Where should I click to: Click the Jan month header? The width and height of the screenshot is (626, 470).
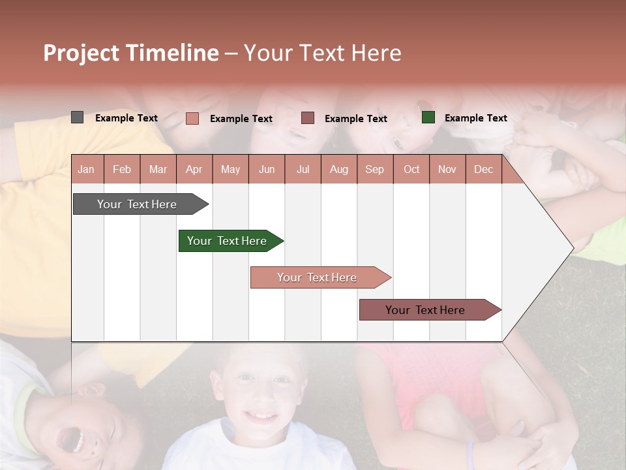(x=86, y=169)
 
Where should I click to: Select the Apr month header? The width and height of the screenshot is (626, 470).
(x=194, y=169)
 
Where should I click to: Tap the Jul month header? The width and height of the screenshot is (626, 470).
(x=303, y=169)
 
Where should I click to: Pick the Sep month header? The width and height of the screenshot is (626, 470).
(x=374, y=169)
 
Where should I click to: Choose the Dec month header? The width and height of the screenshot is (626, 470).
(x=483, y=169)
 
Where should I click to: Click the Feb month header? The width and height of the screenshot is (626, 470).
(x=122, y=169)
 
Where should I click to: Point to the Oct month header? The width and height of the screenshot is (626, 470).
(x=411, y=169)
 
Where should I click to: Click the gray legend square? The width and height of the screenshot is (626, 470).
(x=77, y=117)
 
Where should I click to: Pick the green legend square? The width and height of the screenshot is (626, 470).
(x=428, y=117)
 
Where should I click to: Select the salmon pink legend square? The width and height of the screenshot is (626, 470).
(x=192, y=118)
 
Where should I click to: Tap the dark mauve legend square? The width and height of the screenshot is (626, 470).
(x=308, y=117)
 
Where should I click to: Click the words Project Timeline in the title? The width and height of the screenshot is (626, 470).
(x=130, y=53)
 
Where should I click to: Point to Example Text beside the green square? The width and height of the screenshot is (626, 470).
(x=475, y=117)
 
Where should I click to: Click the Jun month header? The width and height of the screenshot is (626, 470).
(x=267, y=169)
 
